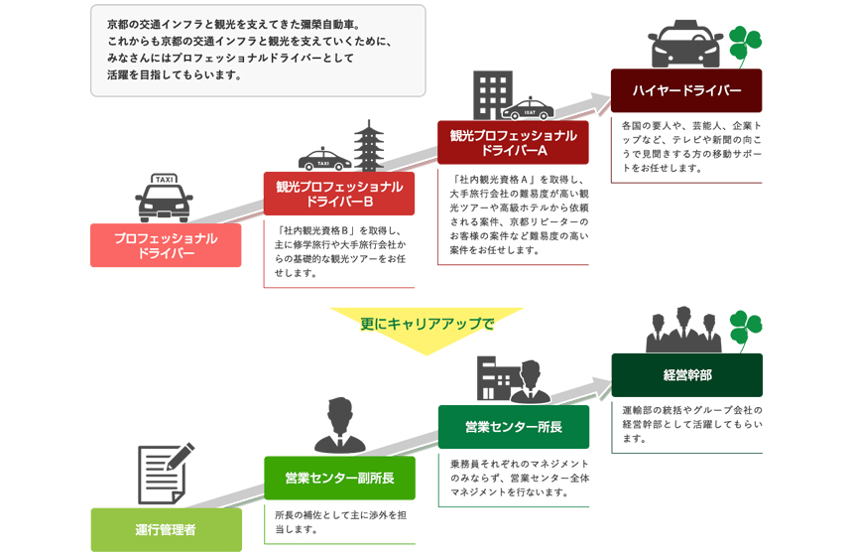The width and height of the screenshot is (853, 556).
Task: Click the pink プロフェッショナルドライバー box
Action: [x=166, y=245]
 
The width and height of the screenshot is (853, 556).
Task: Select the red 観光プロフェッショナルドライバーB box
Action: [x=339, y=194]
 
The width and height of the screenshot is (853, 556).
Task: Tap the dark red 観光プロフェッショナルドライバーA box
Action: [x=513, y=143]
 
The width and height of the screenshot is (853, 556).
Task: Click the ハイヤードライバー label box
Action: [x=686, y=90]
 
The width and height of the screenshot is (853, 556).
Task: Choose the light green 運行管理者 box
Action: [x=166, y=529]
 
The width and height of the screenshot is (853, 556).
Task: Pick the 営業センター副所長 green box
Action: [x=339, y=478]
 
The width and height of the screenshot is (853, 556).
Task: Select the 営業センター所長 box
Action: [x=513, y=427]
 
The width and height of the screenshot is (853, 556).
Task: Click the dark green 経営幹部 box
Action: [x=686, y=375]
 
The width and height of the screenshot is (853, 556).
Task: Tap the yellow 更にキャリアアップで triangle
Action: [x=426, y=328]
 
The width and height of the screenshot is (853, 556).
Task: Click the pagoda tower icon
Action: [x=369, y=145]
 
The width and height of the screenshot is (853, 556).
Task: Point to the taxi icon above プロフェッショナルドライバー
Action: [x=165, y=198]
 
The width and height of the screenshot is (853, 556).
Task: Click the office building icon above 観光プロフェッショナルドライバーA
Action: [x=493, y=94]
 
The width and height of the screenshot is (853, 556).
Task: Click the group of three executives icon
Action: [x=683, y=330]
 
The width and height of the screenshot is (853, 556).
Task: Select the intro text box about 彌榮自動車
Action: [x=258, y=51]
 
